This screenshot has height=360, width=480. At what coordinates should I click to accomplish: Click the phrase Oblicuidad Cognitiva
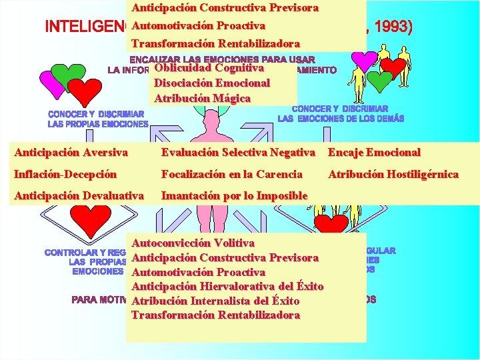(209, 68)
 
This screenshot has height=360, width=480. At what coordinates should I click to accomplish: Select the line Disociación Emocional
(211, 83)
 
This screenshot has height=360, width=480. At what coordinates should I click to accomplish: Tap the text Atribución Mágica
(202, 99)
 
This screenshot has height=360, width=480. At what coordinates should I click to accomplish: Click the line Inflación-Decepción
(65, 174)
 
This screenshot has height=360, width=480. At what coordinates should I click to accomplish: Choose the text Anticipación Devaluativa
(79, 195)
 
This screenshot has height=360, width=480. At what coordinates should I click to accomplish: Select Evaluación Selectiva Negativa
(238, 153)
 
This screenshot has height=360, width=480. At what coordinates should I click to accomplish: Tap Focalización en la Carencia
(231, 174)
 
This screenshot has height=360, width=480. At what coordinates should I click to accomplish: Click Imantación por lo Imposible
(234, 195)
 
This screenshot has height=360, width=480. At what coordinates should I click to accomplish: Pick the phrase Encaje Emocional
(373, 153)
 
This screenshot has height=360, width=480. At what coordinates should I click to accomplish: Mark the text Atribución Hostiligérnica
(393, 174)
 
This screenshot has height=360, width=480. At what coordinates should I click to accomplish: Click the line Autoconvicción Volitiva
(193, 243)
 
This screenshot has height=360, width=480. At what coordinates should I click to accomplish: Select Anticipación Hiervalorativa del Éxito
(227, 287)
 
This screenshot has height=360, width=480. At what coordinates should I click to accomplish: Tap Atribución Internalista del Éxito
(215, 301)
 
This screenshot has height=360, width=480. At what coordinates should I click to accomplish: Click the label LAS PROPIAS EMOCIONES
(98, 124)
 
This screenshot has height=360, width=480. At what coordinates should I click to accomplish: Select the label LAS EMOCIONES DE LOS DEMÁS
(341, 119)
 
